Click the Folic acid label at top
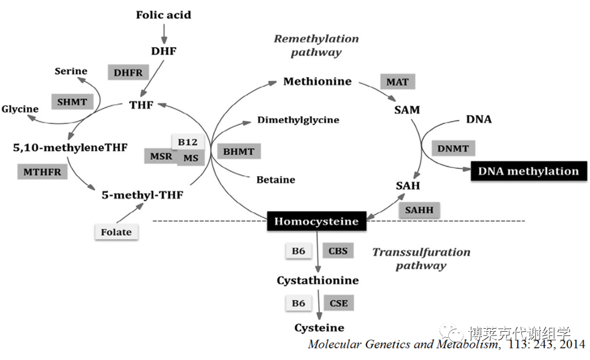(163, 15)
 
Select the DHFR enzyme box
(128, 72)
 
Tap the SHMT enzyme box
(72, 102)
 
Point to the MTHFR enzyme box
(42, 172)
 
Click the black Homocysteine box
(317, 221)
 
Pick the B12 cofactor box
(187, 143)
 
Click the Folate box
(116, 232)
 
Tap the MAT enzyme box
(397, 82)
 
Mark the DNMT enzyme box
(453, 147)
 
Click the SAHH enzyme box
(419, 210)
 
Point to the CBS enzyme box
(338, 251)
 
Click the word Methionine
(317, 81)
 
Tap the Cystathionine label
(317, 280)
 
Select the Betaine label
(276, 180)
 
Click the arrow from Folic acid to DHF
(163, 31)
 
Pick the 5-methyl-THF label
(142, 195)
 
